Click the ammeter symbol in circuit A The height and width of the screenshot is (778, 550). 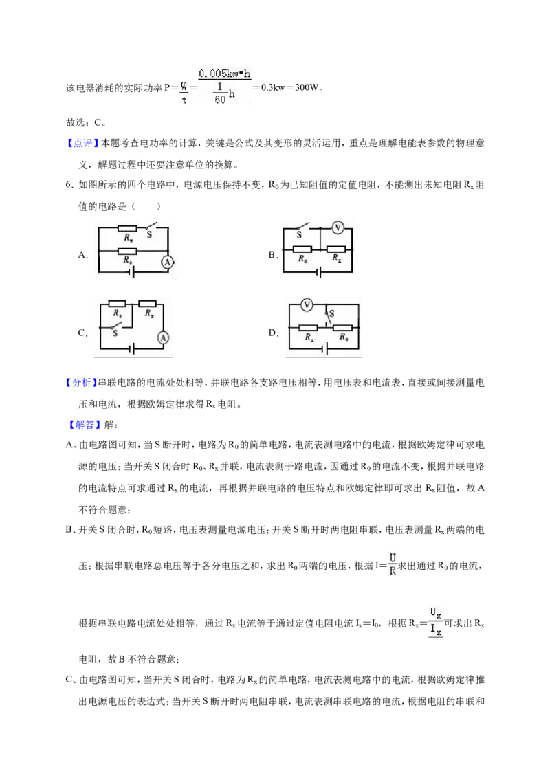point(168,262)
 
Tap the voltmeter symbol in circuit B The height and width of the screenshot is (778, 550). point(338,227)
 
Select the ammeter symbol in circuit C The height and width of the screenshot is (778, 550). point(163,338)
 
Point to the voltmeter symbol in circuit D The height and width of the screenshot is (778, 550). point(307,304)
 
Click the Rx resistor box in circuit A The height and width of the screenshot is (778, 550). point(127,228)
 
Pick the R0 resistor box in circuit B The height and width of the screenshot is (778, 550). point(302,249)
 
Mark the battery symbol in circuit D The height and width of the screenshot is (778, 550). point(326,349)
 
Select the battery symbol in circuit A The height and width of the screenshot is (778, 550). point(133,272)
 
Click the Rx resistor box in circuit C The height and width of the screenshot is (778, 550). point(147,304)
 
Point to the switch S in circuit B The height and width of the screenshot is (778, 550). point(301,230)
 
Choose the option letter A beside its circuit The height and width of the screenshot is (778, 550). point(83,255)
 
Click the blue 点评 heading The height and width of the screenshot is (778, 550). point(82,144)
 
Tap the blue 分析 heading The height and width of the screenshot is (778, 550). point(82,383)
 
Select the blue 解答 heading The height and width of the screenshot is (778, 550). point(84,424)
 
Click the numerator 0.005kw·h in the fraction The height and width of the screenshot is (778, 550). point(224,74)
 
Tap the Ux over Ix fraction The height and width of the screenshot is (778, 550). point(436,622)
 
